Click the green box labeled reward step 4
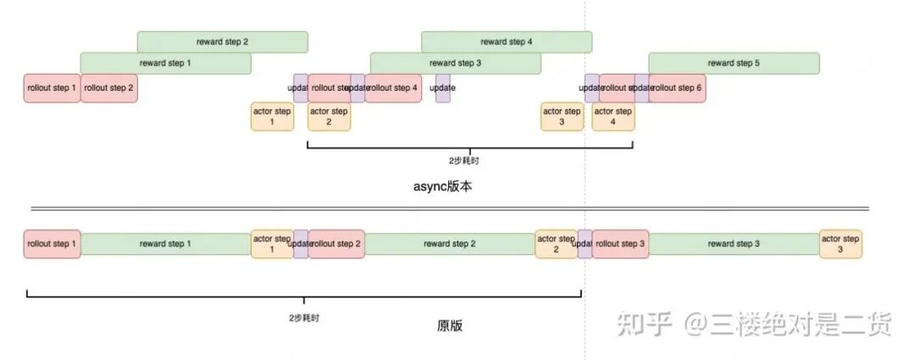coord(506,42)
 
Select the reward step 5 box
coord(734,63)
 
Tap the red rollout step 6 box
coord(677,88)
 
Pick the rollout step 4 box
coord(393,88)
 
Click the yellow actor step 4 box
coord(613,117)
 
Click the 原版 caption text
coord(450,325)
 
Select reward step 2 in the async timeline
coord(222,42)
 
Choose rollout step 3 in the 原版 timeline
coord(620,244)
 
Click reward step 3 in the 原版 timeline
coord(734,244)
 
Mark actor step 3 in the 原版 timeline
coord(840,244)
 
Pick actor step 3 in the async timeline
coord(562,117)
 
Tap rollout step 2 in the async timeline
coord(108,88)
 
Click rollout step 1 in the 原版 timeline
coord(52,244)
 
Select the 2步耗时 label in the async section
coord(469,159)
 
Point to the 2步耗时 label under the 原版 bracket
coord(304,318)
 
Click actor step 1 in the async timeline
coord(272,117)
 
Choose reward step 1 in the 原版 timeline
coord(165,244)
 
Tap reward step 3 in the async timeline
coord(455,63)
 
